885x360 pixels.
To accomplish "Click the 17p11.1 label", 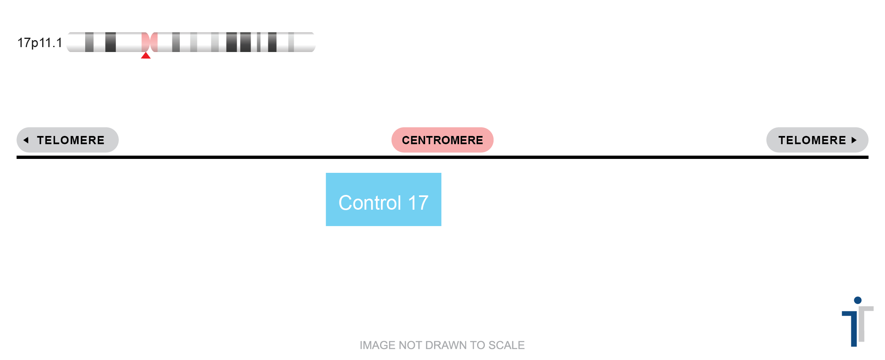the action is (40, 43).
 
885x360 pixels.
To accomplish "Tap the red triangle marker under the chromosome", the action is (146, 55).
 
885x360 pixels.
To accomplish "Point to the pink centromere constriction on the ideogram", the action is (149, 42).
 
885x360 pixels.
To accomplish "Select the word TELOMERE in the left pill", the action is (71, 140).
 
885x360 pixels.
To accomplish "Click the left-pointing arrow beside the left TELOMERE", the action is (26, 140).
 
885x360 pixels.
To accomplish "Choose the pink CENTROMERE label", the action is (442, 140).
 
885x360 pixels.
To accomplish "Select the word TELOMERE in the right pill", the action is (812, 140).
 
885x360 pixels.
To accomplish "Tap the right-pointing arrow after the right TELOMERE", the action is (854, 140).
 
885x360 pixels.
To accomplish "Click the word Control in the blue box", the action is (370, 203).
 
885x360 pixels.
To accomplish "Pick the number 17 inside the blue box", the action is (419, 203).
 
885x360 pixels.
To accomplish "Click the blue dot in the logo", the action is (858, 300).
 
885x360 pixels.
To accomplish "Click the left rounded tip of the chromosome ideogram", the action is (68, 42).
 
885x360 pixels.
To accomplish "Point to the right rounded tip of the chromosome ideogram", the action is (314, 42).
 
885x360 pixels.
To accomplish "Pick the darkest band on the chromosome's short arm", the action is (111, 42).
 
